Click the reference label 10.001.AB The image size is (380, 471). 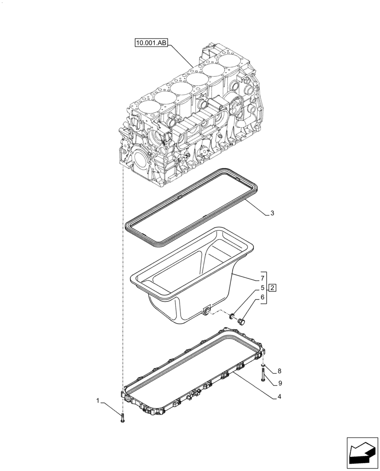coord(151,43)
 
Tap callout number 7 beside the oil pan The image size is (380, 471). coord(257,278)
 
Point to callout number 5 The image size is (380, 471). coord(257,287)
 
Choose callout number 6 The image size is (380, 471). coord(257,297)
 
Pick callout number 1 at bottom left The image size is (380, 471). coord(98,401)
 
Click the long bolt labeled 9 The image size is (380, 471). coord(261,375)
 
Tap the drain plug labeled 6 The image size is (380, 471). coord(242,321)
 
